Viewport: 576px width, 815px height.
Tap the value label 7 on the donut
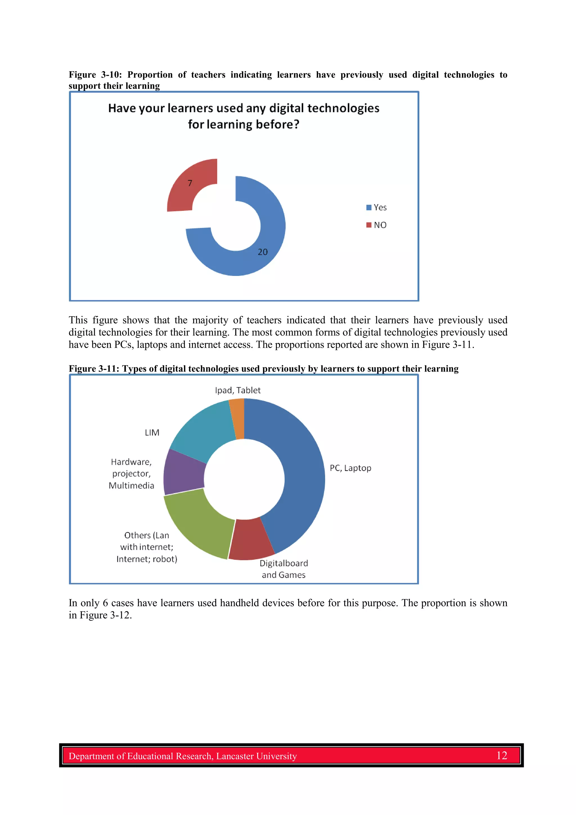190,183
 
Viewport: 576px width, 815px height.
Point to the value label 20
263,252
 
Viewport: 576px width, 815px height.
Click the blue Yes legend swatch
369,207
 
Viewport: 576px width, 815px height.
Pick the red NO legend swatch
369,225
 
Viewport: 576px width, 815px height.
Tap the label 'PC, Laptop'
350,468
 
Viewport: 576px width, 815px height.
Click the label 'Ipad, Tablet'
237,390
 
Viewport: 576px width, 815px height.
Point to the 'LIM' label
152,433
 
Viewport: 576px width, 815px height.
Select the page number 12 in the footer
501,755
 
